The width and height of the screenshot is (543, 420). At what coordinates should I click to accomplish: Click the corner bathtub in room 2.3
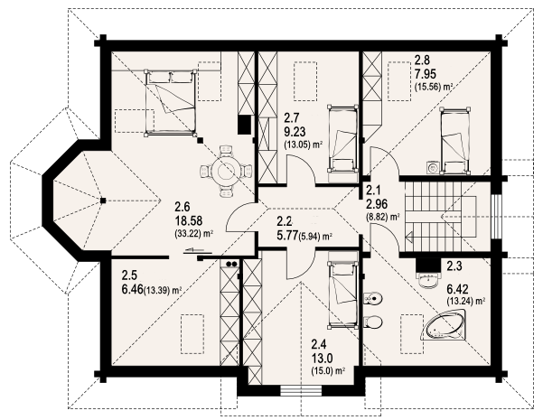[x=444, y=326]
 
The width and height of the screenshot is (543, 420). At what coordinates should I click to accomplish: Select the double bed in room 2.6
[x=171, y=102]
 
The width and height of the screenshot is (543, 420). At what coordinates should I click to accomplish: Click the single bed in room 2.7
[x=342, y=138]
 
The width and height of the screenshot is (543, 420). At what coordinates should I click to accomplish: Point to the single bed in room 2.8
[x=454, y=140]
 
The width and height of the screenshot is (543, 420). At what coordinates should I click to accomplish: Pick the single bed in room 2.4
[x=342, y=294]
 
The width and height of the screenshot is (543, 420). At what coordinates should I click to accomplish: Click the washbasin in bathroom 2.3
[x=429, y=279]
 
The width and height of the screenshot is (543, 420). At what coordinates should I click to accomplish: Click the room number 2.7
[x=291, y=118]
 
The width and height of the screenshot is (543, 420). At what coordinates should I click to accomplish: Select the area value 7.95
[x=426, y=74]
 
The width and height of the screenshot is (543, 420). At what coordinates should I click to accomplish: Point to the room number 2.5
[x=129, y=275]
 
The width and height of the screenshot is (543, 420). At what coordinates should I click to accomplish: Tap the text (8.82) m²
[x=383, y=217]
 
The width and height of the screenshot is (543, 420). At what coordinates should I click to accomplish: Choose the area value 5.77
[x=288, y=236]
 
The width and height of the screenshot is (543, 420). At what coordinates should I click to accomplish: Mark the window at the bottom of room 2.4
[x=301, y=391]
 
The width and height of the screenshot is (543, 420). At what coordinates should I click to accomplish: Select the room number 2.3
[x=454, y=266]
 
